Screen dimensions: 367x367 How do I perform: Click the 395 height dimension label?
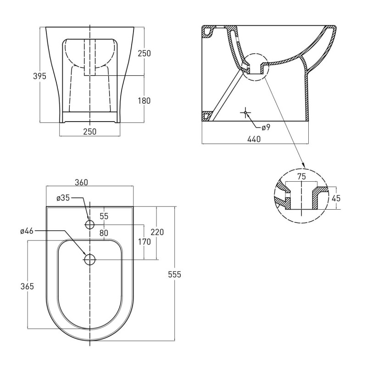[39, 76]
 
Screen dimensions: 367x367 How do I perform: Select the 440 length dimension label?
[254, 139]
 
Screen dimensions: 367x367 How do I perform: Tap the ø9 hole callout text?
[266, 128]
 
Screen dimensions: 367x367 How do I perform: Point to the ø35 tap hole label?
[63, 198]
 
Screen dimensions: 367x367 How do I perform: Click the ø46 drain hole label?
[27, 231]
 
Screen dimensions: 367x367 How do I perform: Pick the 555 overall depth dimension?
[175, 274]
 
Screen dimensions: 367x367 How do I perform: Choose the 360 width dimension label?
[81, 182]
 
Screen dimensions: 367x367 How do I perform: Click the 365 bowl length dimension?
[27, 286]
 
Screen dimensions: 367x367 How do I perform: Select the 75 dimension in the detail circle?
[301, 177]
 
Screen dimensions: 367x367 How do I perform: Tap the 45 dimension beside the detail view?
[336, 198]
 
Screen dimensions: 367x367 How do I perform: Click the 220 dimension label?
[157, 232]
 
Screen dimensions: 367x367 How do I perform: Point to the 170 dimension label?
[144, 242]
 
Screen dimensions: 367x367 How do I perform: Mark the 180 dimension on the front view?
[144, 100]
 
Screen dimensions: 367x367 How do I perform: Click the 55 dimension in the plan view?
[104, 216]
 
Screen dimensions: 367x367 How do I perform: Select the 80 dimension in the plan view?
[104, 233]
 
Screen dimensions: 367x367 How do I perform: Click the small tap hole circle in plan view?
[89, 224]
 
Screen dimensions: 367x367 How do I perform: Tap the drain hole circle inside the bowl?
[89, 260]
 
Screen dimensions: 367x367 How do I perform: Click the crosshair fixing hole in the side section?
[245, 112]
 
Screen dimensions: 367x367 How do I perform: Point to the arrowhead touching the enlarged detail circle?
[303, 166]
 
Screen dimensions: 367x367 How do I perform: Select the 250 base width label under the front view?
[90, 132]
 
